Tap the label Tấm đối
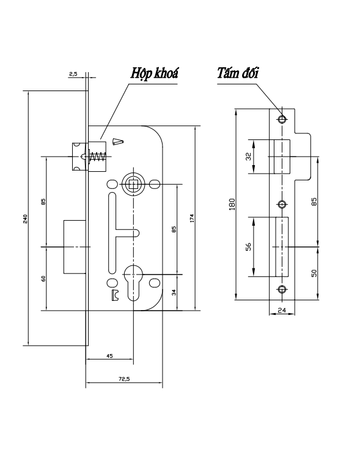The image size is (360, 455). coord(238,73)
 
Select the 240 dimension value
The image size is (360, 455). coord(26,218)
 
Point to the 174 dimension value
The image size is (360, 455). coord(192,218)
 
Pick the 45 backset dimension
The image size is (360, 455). coord(109,354)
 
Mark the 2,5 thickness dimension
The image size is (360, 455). coord(73,74)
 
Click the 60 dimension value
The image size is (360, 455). coord(43,279)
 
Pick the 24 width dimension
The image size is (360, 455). coord(282,310)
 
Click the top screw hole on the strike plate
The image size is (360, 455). coord(282,118)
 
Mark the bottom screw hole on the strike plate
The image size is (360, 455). coord(282,289)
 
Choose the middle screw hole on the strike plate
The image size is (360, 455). coord(282,204)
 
